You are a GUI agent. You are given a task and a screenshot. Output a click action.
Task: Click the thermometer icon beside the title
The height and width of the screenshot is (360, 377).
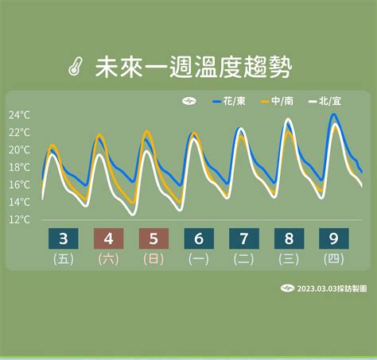pyautogui.click(x=76, y=67)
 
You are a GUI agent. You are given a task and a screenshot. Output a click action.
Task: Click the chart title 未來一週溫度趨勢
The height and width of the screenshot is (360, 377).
pyautogui.click(x=193, y=67)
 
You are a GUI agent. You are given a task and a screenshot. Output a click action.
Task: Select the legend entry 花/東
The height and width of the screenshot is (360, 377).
pyautogui.click(x=229, y=101)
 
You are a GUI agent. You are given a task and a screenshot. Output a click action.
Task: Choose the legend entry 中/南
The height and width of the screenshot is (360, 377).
pyautogui.click(x=277, y=101)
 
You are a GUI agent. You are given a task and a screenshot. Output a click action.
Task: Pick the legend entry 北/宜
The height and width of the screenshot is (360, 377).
pyautogui.click(x=325, y=101)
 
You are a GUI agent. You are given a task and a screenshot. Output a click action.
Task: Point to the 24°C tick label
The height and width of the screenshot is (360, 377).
pyautogui.click(x=19, y=115)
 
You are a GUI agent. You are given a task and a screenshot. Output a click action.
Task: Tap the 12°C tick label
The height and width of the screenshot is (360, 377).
pyautogui.click(x=19, y=219)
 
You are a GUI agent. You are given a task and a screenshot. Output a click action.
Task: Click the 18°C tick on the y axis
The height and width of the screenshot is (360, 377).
pyautogui.click(x=19, y=167)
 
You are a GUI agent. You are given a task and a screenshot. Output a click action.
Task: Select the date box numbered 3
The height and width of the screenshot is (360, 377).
pyautogui.click(x=64, y=238)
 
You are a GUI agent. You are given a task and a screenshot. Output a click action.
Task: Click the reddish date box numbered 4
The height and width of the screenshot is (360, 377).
pyautogui.click(x=108, y=238)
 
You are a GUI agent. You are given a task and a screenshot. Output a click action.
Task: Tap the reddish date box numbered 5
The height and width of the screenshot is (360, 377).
pyautogui.click(x=154, y=238)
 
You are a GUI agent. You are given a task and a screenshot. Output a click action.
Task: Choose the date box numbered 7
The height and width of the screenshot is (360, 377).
pyautogui.click(x=244, y=238)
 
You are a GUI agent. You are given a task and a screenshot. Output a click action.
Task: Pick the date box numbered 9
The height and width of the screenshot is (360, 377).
pyautogui.click(x=334, y=238)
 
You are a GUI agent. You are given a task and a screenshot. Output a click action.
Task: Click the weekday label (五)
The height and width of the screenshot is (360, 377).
pyautogui.click(x=64, y=259)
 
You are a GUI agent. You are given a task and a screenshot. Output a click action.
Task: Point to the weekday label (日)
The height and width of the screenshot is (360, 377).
pyautogui.click(x=154, y=259)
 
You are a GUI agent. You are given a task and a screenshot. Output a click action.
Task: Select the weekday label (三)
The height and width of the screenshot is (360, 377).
pyautogui.click(x=289, y=259)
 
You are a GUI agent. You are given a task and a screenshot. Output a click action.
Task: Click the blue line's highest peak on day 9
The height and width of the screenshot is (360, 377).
pyautogui.click(x=334, y=114)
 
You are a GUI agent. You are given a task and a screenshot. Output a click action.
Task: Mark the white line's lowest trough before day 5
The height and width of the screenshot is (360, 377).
pyautogui.click(x=133, y=214)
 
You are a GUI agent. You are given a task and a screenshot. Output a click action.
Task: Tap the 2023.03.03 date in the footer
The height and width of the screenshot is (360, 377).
pyautogui.click(x=317, y=288)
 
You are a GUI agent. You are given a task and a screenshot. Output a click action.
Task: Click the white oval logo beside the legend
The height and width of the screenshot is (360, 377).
pyautogui.click(x=189, y=101)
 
